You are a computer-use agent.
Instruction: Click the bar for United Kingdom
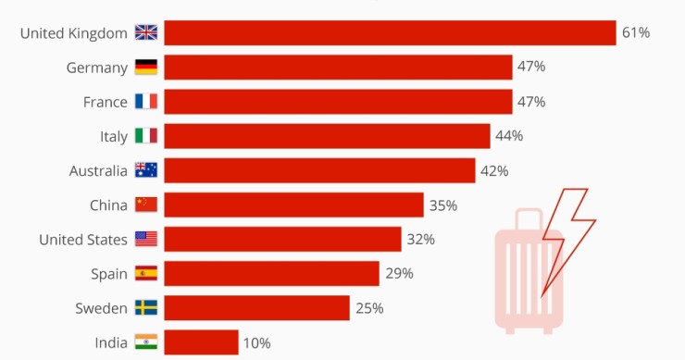point(390,32)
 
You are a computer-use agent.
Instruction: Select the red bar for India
point(201,342)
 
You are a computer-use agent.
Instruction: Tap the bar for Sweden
point(256,308)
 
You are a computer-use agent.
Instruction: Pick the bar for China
point(293,205)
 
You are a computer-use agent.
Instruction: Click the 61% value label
point(636,32)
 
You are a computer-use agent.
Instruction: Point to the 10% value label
point(256,343)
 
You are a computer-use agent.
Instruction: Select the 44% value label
point(509,136)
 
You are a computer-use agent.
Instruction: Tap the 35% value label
point(442,205)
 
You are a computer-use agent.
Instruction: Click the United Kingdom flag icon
point(146,32)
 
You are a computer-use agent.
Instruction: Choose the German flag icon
point(146,67)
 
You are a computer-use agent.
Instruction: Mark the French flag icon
point(146,102)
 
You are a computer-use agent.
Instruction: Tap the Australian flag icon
point(146,170)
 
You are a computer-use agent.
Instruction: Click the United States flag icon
point(146,240)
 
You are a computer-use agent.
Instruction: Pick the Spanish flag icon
point(146,274)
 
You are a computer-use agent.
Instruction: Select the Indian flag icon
point(146,342)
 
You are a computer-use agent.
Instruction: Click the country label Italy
point(114,136)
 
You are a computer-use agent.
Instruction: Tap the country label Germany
point(96,67)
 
